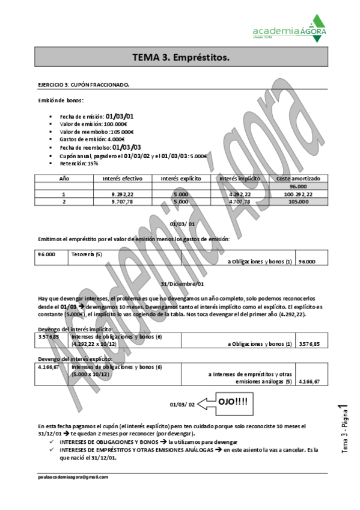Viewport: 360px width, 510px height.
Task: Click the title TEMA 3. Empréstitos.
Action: click(180, 58)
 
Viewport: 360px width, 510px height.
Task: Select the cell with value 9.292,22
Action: click(123, 194)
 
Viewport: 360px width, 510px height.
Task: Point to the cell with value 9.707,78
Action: click(123, 202)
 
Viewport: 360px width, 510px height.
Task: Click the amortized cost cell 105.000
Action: click(299, 202)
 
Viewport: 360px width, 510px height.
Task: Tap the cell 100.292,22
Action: click(299, 194)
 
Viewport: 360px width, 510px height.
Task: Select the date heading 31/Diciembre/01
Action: click(183, 283)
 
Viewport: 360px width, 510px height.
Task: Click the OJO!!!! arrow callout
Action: click(225, 401)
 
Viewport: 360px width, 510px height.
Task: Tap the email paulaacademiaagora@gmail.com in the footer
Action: click(73, 476)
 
